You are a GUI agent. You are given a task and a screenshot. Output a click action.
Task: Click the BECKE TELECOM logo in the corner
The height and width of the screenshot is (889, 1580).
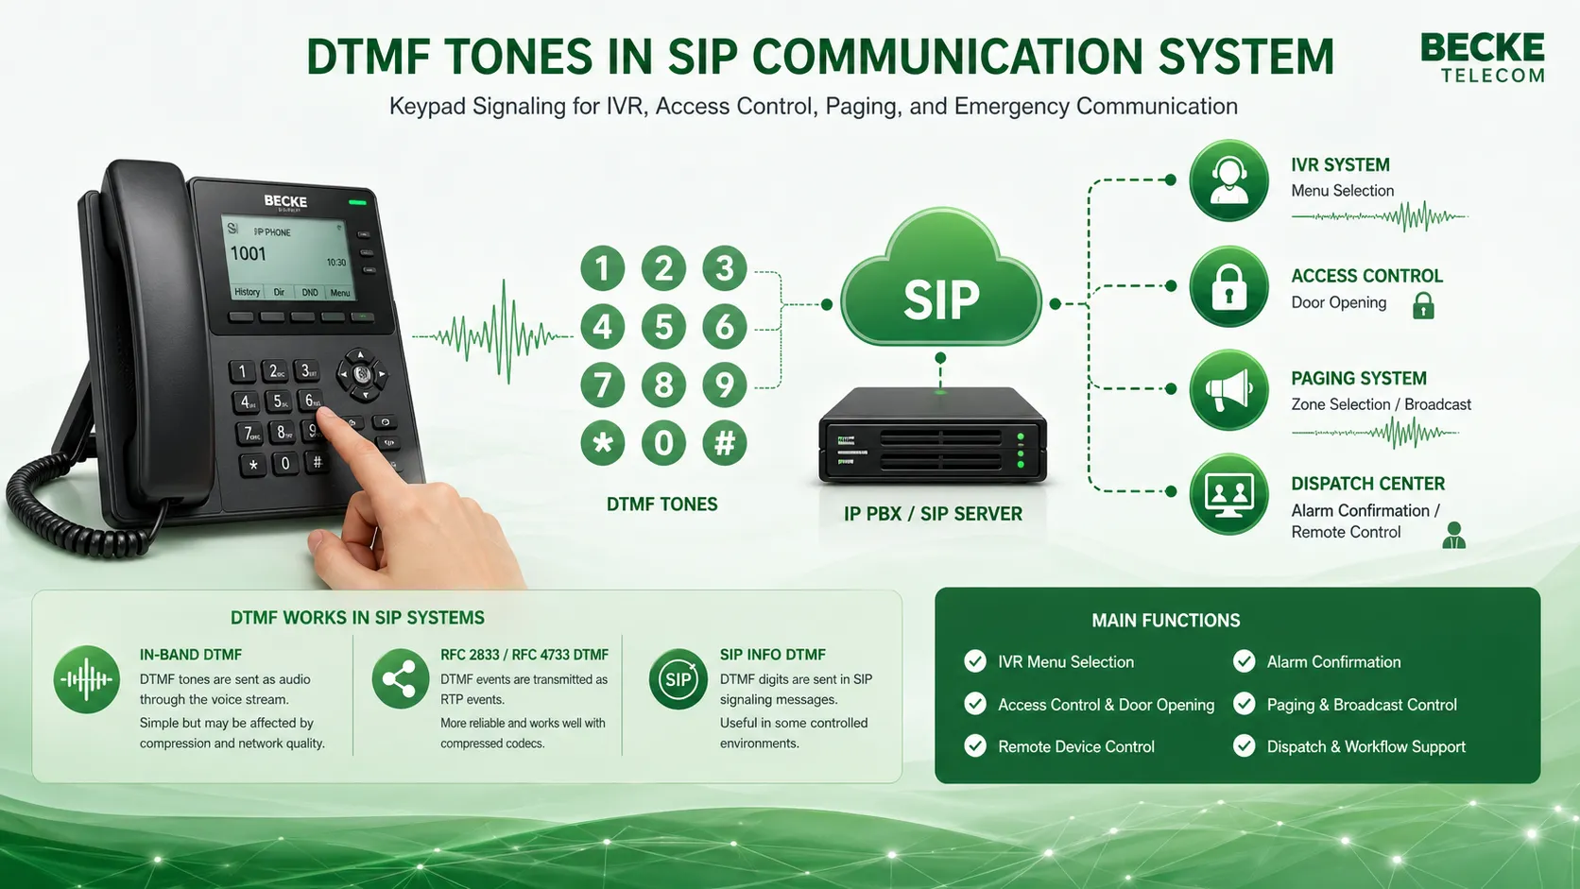pyautogui.click(x=1482, y=58)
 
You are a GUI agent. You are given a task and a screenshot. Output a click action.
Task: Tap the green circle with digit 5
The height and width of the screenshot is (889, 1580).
pyautogui.click(x=663, y=327)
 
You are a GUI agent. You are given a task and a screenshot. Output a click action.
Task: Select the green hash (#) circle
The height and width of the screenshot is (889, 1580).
pyautogui.click(x=725, y=442)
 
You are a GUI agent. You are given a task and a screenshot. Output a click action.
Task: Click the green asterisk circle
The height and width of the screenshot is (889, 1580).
pyautogui.click(x=603, y=442)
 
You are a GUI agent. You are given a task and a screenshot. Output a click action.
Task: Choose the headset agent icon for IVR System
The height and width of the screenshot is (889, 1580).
pyautogui.click(x=1228, y=180)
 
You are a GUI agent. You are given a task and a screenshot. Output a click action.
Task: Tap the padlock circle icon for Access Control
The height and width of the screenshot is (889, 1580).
pyautogui.click(x=1228, y=287)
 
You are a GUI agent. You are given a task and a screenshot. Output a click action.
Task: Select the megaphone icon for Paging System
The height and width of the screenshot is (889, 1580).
pyautogui.click(x=1228, y=389)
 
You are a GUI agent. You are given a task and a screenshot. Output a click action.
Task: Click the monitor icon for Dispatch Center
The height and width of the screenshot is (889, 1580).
pyautogui.click(x=1228, y=493)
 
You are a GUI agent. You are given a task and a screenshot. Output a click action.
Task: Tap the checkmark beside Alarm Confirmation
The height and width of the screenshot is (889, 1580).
pyautogui.click(x=1244, y=661)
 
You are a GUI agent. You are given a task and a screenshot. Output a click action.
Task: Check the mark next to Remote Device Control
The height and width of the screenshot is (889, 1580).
pyautogui.click(x=975, y=746)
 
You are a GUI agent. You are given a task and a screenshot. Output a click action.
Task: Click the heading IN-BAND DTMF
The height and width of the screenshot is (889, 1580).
pyautogui.click(x=191, y=655)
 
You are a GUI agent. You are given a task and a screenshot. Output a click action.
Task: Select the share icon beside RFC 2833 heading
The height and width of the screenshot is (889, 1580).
pyautogui.click(x=401, y=679)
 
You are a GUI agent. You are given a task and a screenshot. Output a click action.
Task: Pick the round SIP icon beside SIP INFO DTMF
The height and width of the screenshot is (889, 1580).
pyautogui.click(x=678, y=679)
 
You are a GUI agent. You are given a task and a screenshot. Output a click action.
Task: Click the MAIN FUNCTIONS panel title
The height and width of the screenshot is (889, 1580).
pyautogui.click(x=1166, y=621)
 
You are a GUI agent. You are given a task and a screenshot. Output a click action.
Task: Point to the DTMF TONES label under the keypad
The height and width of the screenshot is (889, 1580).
pyautogui.click(x=661, y=504)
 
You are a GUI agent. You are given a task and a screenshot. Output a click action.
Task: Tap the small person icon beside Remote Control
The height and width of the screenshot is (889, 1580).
pyautogui.click(x=1453, y=536)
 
